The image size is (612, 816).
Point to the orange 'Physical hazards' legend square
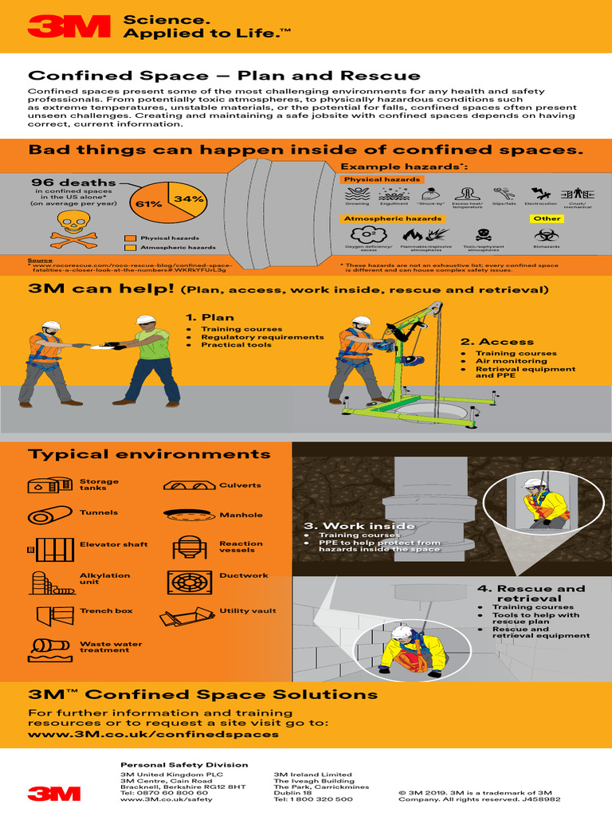tap(129, 238)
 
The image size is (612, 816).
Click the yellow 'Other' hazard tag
tap(547, 218)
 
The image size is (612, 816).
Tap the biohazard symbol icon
tap(547, 234)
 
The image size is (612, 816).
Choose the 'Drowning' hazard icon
tap(357, 193)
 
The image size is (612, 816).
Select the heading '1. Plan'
tap(210, 317)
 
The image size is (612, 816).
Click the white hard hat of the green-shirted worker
tap(146, 320)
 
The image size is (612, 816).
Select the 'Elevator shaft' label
tap(113, 544)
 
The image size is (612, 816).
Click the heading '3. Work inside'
tap(359, 526)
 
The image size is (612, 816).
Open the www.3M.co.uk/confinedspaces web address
tap(154, 734)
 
